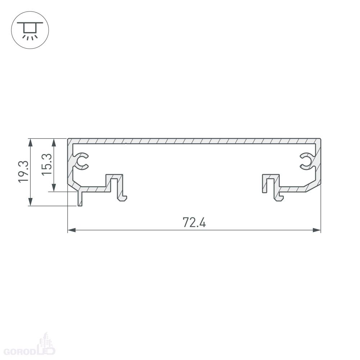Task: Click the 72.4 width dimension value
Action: pyautogui.click(x=194, y=222)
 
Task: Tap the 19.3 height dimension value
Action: pyautogui.click(x=23, y=171)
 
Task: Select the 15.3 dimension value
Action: pyautogui.click(x=47, y=165)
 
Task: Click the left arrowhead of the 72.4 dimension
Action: pyautogui.click(x=71, y=230)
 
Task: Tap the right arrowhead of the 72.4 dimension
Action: pyautogui.click(x=316, y=230)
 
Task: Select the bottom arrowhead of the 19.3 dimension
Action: pyautogui.click(x=30, y=202)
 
